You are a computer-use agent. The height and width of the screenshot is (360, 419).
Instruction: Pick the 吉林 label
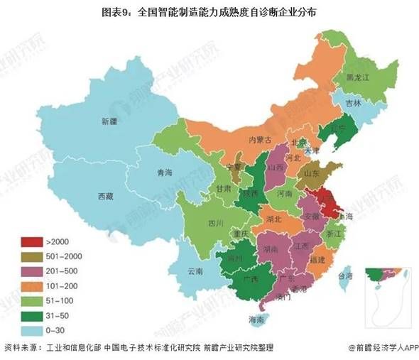pyautogui.click(x=354, y=103)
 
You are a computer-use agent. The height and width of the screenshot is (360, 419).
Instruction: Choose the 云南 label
pyautogui.click(x=195, y=271)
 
